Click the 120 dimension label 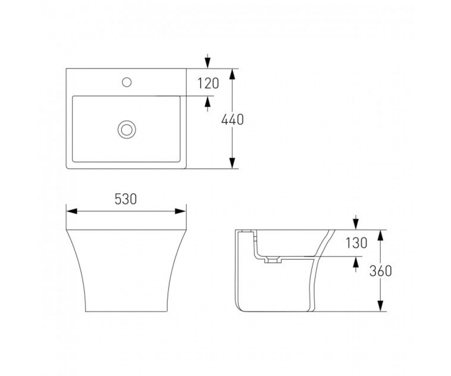[x=208, y=83]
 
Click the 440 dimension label [x=232, y=120]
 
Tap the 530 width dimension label [x=126, y=199]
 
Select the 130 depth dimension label [x=356, y=243]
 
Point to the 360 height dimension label [x=381, y=271]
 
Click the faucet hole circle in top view [x=127, y=82]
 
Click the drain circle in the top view [x=127, y=130]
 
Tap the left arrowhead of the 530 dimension [x=72, y=211]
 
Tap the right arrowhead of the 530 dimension [x=180, y=211]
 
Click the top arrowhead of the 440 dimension [x=232, y=74]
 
